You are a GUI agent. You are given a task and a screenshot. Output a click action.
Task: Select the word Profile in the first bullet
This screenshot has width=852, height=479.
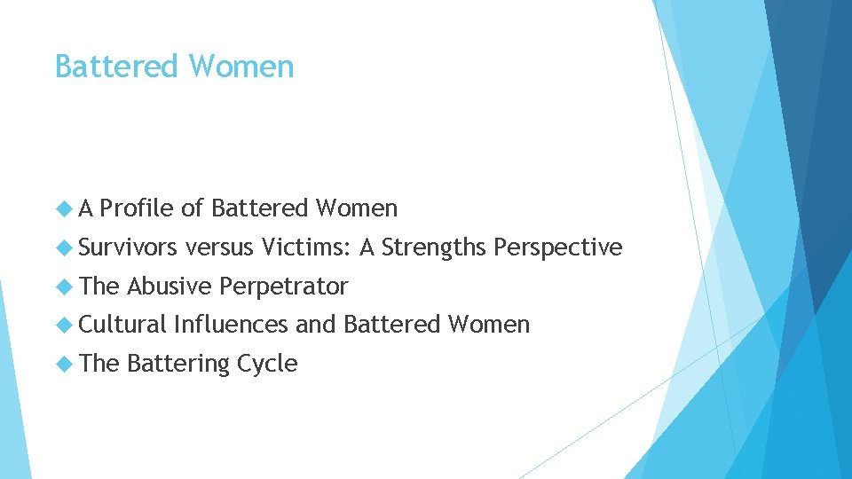(137, 208)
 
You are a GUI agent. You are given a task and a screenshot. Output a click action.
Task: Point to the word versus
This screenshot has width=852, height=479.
(220, 247)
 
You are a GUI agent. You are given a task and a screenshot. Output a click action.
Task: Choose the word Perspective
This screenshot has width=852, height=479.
(558, 247)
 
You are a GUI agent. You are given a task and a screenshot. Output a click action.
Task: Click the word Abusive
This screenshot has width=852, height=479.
(170, 287)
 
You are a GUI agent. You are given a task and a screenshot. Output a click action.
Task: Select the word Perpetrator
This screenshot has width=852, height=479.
(284, 287)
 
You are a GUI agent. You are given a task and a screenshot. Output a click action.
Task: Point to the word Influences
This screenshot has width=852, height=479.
(231, 325)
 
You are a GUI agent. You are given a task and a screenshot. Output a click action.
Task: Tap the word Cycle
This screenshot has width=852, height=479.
(267, 364)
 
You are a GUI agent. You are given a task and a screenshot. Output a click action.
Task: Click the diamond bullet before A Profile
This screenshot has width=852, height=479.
(62, 209)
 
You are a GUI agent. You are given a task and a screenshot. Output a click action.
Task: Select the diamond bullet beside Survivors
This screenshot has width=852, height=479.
(62, 248)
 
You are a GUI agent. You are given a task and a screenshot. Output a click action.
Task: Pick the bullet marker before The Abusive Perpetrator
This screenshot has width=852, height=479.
(62, 287)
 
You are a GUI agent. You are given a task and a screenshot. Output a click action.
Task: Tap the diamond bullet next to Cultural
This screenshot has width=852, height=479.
(62, 326)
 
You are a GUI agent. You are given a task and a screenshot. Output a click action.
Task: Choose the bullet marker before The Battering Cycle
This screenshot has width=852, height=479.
(62, 364)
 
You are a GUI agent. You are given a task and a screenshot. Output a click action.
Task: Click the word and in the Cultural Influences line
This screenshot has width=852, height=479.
(315, 325)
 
